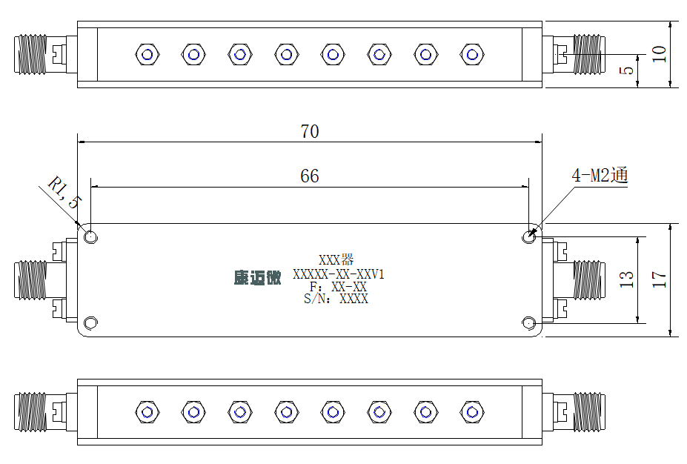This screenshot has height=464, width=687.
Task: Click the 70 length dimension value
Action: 310,131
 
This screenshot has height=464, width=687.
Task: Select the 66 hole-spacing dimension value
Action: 310,176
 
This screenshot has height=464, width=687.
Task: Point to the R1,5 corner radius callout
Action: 64,193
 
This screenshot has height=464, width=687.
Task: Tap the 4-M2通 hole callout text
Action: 600,175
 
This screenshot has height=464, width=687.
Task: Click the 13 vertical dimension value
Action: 626,279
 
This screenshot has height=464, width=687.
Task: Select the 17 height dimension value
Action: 660,279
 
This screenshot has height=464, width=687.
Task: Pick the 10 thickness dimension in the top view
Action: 660,54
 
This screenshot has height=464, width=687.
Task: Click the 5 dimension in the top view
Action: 627,70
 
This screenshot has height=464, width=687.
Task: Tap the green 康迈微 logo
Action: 257,278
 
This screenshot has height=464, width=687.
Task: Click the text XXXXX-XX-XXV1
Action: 338,274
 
